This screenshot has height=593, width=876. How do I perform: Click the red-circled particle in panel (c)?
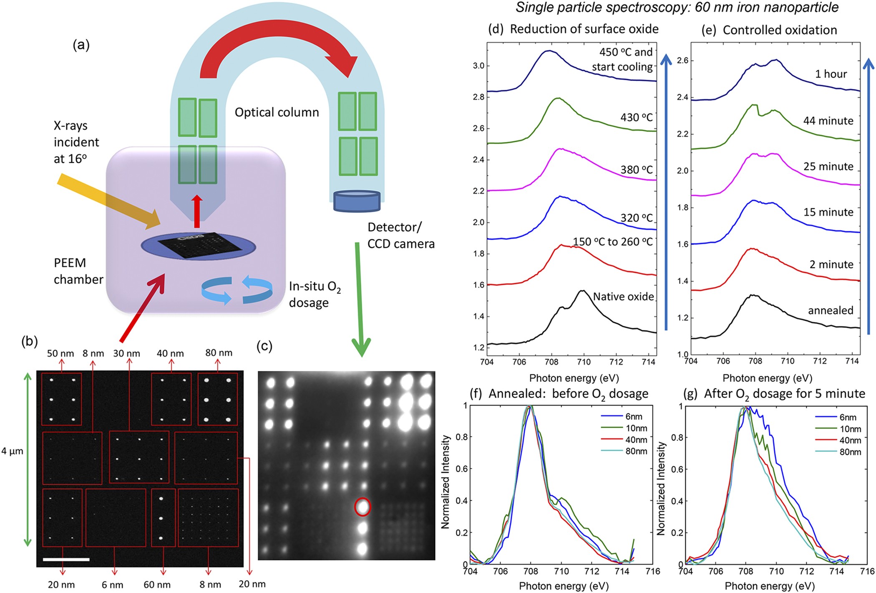click(362, 507)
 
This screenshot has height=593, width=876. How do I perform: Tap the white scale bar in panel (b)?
click(66, 559)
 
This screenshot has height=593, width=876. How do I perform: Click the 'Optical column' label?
click(277, 112)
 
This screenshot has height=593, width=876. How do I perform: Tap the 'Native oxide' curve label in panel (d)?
click(623, 296)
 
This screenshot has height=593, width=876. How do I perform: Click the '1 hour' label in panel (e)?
click(831, 74)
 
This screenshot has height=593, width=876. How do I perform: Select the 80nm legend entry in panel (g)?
click(838, 451)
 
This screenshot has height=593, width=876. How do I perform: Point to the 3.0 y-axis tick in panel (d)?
click(478, 66)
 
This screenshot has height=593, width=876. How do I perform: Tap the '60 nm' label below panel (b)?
click(157, 585)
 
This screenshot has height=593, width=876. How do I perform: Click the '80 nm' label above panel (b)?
click(219, 353)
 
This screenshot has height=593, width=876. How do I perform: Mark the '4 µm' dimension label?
click(12, 451)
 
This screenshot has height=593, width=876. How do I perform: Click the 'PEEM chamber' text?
click(78, 271)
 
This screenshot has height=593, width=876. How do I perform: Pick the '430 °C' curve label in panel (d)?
click(636, 117)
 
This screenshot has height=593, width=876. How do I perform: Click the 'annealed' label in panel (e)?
click(831, 310)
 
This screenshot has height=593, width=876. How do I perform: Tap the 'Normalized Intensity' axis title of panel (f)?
click(446, 481)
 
